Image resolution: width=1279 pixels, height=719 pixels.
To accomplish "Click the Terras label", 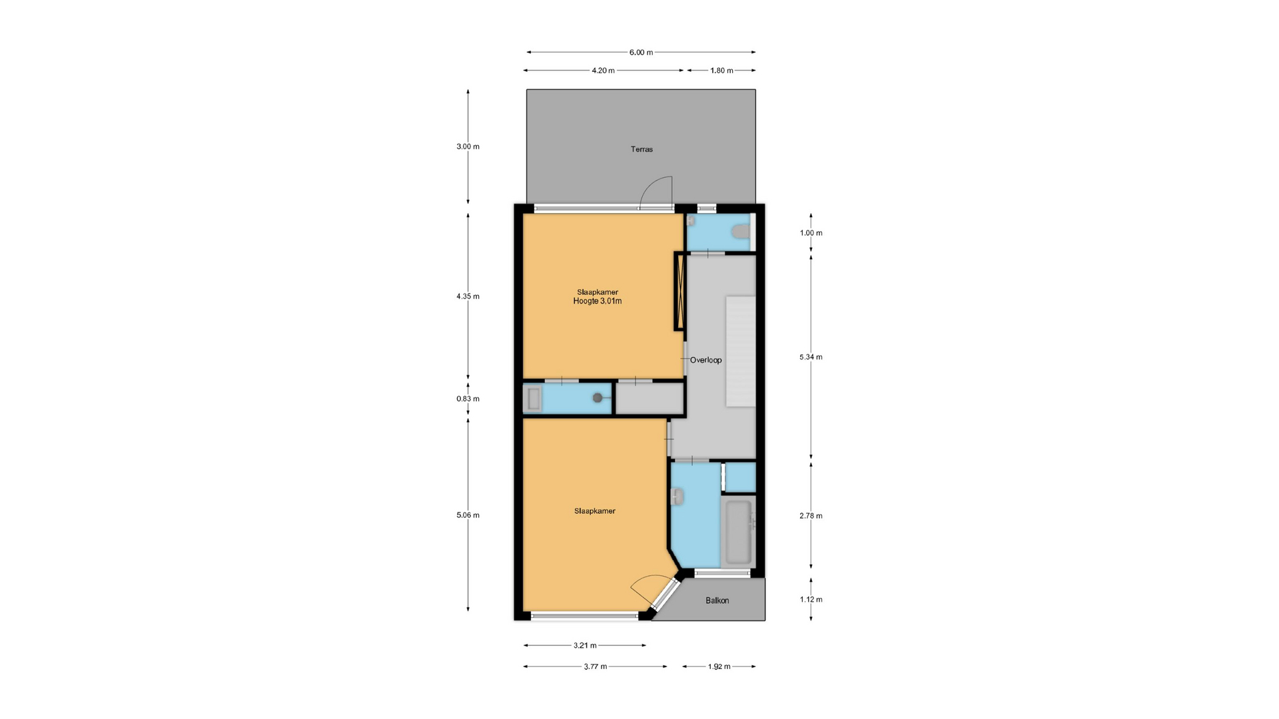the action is tap(641, 149).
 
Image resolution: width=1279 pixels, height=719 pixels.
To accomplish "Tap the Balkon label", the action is tap(717, 600).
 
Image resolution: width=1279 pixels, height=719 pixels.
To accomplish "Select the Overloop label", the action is tap(705, 360).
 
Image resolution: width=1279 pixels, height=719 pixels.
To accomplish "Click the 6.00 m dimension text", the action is tap(641, 52).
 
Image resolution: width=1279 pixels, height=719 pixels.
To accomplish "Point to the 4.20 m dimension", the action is tap(603, 71).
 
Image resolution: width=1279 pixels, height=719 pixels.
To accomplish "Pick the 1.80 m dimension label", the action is tap(721, 71).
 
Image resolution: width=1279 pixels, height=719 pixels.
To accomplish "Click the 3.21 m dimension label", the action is tap(585, 645).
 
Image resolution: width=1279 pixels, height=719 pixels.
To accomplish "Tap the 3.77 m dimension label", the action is tap(595, 666).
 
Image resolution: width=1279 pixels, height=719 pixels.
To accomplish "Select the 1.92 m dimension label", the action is tap(719, 666).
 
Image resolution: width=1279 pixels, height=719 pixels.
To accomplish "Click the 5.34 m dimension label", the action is tap(811, 357).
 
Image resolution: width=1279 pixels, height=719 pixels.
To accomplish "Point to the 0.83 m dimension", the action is tap(468, 399).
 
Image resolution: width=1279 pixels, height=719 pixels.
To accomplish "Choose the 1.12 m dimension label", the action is tap(811, 599).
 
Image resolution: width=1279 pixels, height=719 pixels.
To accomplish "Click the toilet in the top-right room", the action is tap(740, 232).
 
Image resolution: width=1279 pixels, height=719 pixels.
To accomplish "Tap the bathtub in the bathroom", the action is tap(738, 531).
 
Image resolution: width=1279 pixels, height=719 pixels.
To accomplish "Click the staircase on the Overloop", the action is tap(741, 352).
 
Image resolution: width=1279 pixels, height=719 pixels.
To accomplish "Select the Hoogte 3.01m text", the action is tap(598, 301).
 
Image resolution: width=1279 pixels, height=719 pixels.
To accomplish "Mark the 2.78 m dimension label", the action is tap(811, 515).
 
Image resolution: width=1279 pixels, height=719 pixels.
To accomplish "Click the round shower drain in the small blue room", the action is tap(598, 398).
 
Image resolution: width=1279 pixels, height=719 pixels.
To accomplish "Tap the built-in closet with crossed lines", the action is tap(680, 292).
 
